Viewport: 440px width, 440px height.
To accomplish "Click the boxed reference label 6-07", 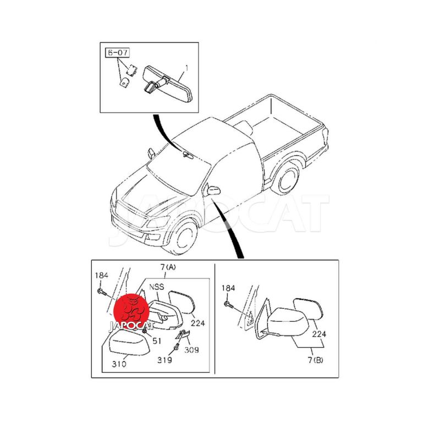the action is coord(117,52).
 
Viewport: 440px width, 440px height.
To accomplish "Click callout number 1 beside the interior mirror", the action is coord(186,68).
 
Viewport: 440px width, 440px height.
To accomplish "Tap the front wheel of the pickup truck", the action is coord(183,237).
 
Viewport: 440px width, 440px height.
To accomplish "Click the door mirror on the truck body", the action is coord(213,190).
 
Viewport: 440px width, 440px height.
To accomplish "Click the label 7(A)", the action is coord(168,267).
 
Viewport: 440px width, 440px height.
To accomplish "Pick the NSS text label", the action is coord(157,287).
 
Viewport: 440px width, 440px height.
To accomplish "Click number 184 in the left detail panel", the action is coord(102,276).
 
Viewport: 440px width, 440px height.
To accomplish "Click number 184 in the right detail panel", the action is coord(228,288).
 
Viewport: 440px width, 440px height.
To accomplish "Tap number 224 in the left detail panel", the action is coord(198,323).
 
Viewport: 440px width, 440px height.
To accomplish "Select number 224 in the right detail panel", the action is coord(320,334).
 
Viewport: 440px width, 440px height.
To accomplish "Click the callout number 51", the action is coord(157,341).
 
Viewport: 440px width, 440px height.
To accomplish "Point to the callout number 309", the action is coord(191,350).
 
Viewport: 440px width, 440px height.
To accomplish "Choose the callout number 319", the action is coord(164,360).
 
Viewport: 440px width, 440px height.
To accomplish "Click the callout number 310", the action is coord(119,364).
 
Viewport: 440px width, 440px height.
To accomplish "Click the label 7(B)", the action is coord(315,360).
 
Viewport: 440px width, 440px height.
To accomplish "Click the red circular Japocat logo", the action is coord(131,310).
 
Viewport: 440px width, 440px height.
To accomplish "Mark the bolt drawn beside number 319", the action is coord(177,347).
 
